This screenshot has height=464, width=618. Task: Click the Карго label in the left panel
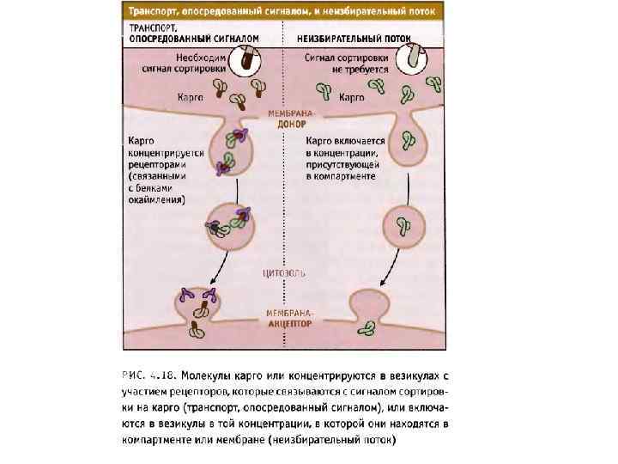190,98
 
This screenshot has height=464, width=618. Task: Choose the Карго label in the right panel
352,98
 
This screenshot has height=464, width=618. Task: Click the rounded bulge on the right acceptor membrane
367,305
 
